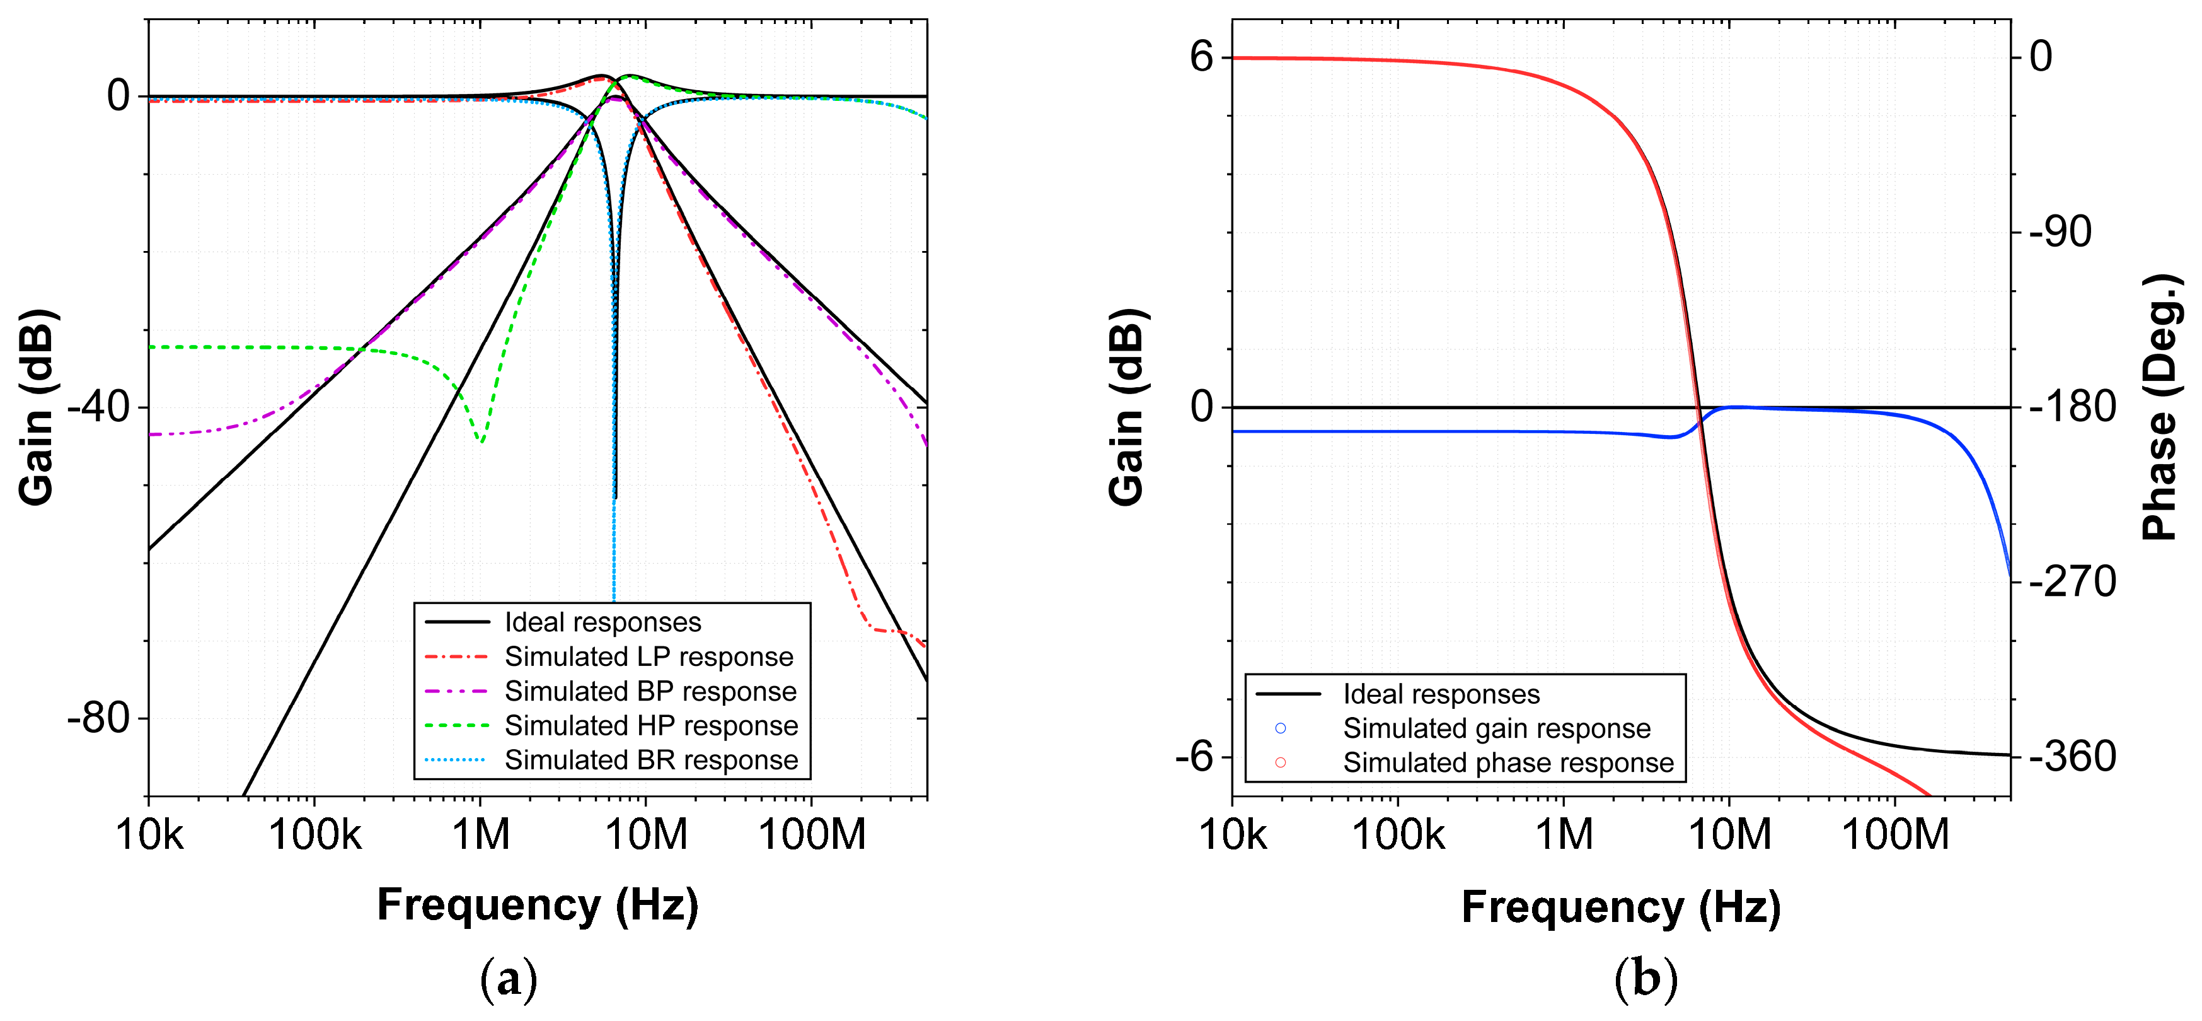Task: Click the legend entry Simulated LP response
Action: (648, 656)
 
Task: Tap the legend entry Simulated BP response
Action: (650, 691)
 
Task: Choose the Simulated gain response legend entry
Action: (1496, 728)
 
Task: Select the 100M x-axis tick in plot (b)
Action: (1894, 834)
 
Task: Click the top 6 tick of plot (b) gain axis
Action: (1201, 57)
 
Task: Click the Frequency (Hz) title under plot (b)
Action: (1621, 906)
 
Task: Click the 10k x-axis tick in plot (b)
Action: (1233, 834)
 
